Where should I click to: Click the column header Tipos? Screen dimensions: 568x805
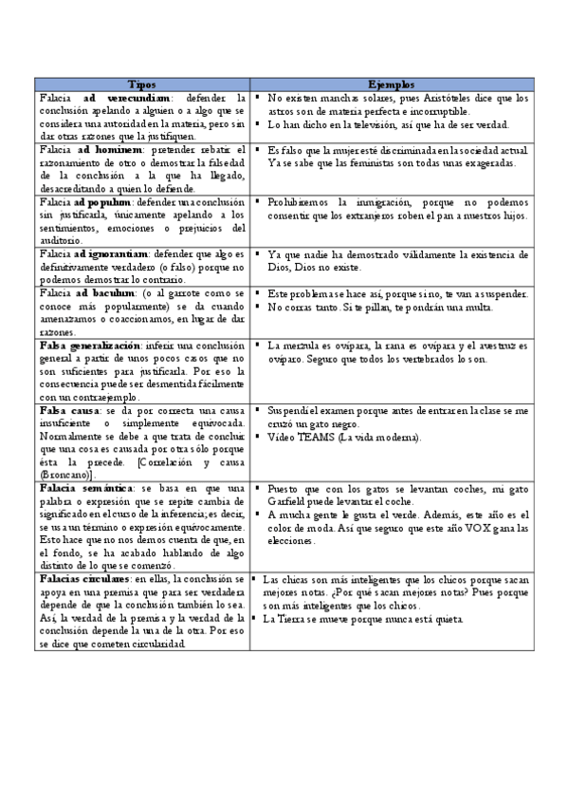click(142, 84)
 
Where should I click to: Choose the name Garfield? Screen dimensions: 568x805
click(289, 502)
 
